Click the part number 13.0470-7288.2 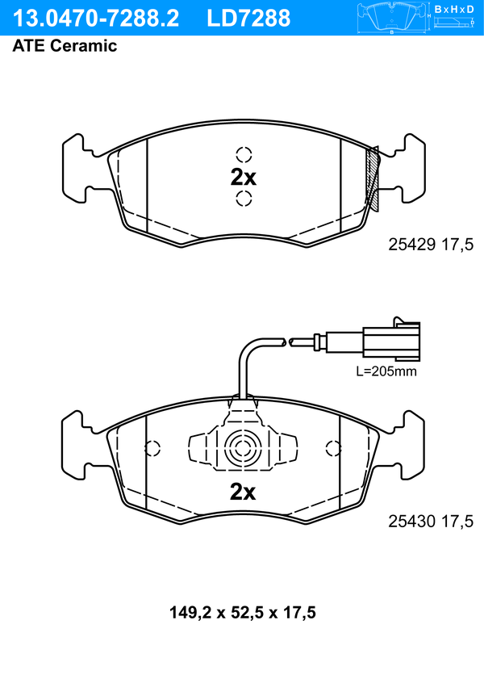point(95,19)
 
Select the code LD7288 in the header point(248,19)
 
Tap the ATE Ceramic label point(65,45)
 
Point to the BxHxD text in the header point(454,9)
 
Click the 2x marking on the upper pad point(243,177)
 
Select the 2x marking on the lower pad point(243,492)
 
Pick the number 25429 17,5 point(431,245)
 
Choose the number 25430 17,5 point(431,521)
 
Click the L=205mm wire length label point(386,371)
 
